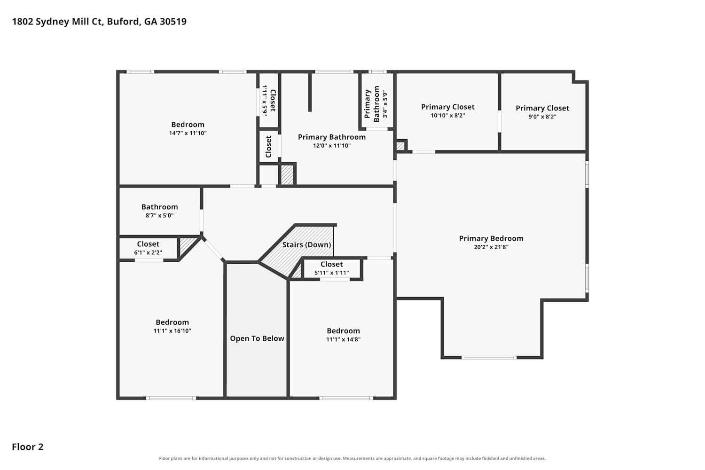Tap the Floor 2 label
point(28,446)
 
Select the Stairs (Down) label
point(306,244)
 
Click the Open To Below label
point(257,338)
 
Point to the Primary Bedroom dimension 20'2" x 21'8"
point(491,247)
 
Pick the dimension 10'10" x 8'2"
point(448,116)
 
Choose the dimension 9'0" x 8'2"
point(542,117)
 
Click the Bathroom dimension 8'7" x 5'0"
point(160,215)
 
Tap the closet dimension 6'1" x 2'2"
point(148,252)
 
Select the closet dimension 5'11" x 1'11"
point(331,273)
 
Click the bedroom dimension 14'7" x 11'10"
point(188,133)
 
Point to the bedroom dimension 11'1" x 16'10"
point(172,330)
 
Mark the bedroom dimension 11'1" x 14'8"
point(343,339)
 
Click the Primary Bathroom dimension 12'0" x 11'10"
point(332,145)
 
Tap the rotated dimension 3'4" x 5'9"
point(385,104)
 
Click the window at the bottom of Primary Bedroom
point(489,358)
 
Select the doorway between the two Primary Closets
point(500,121)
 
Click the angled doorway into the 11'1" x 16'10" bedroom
point(213,249)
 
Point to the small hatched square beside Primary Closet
point(400,146)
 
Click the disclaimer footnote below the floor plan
point(352,458)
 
